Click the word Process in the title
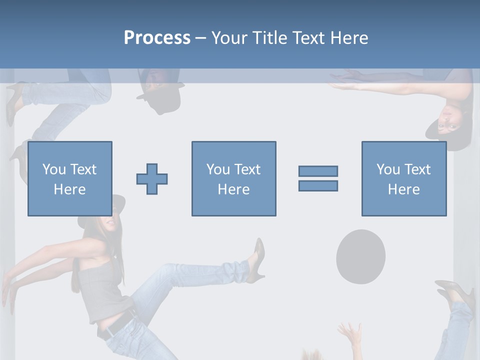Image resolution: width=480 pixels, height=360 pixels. pos(157,38)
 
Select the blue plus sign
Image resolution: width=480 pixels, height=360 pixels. pos(152,178)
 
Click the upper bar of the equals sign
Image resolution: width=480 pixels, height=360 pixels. pos(318,171)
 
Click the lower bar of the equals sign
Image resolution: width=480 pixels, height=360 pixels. pos(318,185)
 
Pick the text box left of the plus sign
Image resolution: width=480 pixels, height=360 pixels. pos(69,178)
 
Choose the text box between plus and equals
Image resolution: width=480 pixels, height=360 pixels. pos(233,178)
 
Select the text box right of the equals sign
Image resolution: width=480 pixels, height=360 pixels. pos(403,178)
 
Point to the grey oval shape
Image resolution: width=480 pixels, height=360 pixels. pos(360,256)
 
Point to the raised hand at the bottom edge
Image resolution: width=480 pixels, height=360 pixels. pos(350,335)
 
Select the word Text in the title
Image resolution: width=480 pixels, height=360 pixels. pos(307,38)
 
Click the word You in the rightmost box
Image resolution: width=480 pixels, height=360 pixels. pos(388,169)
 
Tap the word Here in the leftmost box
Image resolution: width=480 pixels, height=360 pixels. pos(69,189)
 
